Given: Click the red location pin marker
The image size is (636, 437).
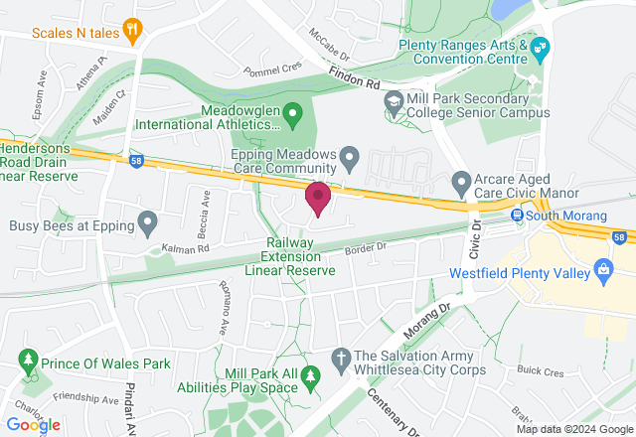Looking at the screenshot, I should click(x=318, y=197).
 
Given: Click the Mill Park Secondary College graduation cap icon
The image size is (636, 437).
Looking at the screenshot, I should click(x=395, y=100).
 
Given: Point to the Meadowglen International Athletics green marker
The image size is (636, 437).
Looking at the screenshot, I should click(x=292, y=111).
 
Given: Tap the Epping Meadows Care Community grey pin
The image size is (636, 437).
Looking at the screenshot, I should click(x=349, y=156).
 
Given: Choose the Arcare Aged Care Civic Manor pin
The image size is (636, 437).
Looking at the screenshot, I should click(x=460, y=183).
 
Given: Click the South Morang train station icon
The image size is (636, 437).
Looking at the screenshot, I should click(x=518, y=216).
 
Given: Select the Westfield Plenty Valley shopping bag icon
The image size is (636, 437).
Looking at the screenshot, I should click(x=602, y=268).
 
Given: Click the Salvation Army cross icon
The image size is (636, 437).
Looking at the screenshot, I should click(x=340, y=357).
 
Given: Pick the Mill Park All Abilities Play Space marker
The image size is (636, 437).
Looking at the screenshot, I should click(x=312, y=375).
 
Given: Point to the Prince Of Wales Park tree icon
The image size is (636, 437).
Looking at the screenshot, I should click(x=28, y=359).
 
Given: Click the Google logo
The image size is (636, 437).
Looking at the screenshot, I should click(x=34, y=424).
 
